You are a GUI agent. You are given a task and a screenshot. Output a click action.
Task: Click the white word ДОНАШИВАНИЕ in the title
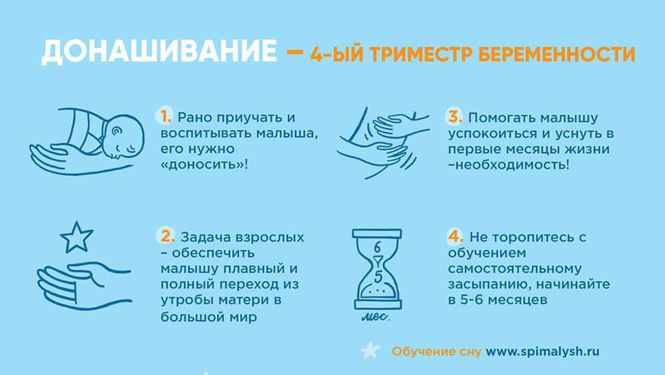tap(159, 52)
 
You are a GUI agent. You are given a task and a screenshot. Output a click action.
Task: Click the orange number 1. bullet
tap(166, 117)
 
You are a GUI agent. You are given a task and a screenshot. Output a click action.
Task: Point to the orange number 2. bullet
tap(167, 236)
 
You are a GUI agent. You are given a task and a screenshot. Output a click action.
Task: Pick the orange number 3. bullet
tap(455, 117)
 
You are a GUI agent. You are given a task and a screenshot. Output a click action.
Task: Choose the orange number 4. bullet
tap(456, 236)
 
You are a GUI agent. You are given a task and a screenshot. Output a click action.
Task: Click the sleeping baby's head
tap(124, 137)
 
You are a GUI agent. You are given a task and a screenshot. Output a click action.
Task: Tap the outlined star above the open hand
tap(76, 237)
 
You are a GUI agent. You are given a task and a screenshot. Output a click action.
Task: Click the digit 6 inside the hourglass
tap(377, 246)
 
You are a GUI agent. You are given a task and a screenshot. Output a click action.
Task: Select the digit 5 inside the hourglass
tap(378, 277)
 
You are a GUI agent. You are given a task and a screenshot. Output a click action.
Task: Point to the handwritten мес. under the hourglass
tap(376, 317)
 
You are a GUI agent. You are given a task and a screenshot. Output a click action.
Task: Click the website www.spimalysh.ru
tap(543, 352)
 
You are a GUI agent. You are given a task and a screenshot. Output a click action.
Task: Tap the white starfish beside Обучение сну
tap(370, 351)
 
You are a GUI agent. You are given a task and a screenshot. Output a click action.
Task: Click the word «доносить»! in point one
tap(204, 165)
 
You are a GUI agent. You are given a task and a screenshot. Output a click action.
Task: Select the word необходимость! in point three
tap(509, 165)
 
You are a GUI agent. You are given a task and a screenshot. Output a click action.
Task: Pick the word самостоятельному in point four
tap(515, 269)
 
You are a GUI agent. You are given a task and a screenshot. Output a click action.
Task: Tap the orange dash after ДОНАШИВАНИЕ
tap(295, 53)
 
